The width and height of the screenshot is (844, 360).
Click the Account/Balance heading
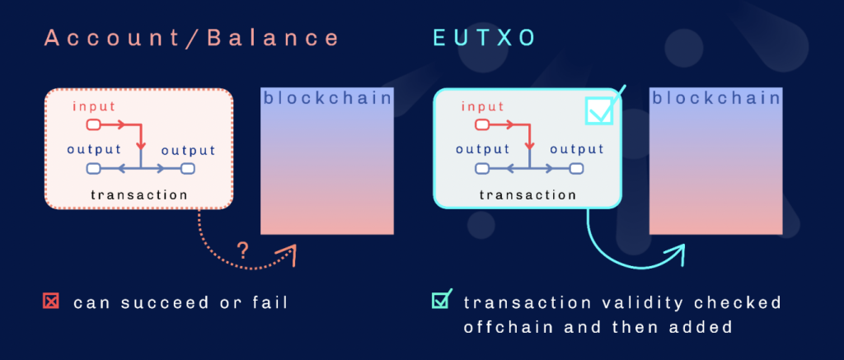[192, 38]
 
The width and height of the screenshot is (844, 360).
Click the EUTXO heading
[485, 38]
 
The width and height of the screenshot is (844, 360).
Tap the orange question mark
[243, 250]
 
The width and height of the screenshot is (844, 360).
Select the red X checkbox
[50, 302]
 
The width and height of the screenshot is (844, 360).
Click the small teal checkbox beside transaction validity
[441, 300]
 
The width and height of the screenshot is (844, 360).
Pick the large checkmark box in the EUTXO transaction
[599, 110]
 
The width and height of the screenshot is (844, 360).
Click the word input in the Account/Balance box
[94, 106]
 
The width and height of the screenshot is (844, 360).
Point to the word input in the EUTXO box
[483, 106]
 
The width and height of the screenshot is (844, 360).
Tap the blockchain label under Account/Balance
[327, 98]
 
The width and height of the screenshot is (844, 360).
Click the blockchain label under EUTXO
[716, 98]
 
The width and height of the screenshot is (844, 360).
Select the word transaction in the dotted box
[139, 194]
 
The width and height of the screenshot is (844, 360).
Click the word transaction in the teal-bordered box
[528, 194]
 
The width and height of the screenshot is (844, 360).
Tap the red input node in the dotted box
[93, 125]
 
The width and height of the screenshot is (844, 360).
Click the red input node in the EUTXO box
[481, 125]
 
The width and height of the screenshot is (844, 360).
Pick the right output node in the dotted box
[188, 169]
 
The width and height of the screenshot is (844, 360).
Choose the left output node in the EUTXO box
[481, 169]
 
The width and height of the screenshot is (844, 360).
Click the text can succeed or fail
[181, 302]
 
